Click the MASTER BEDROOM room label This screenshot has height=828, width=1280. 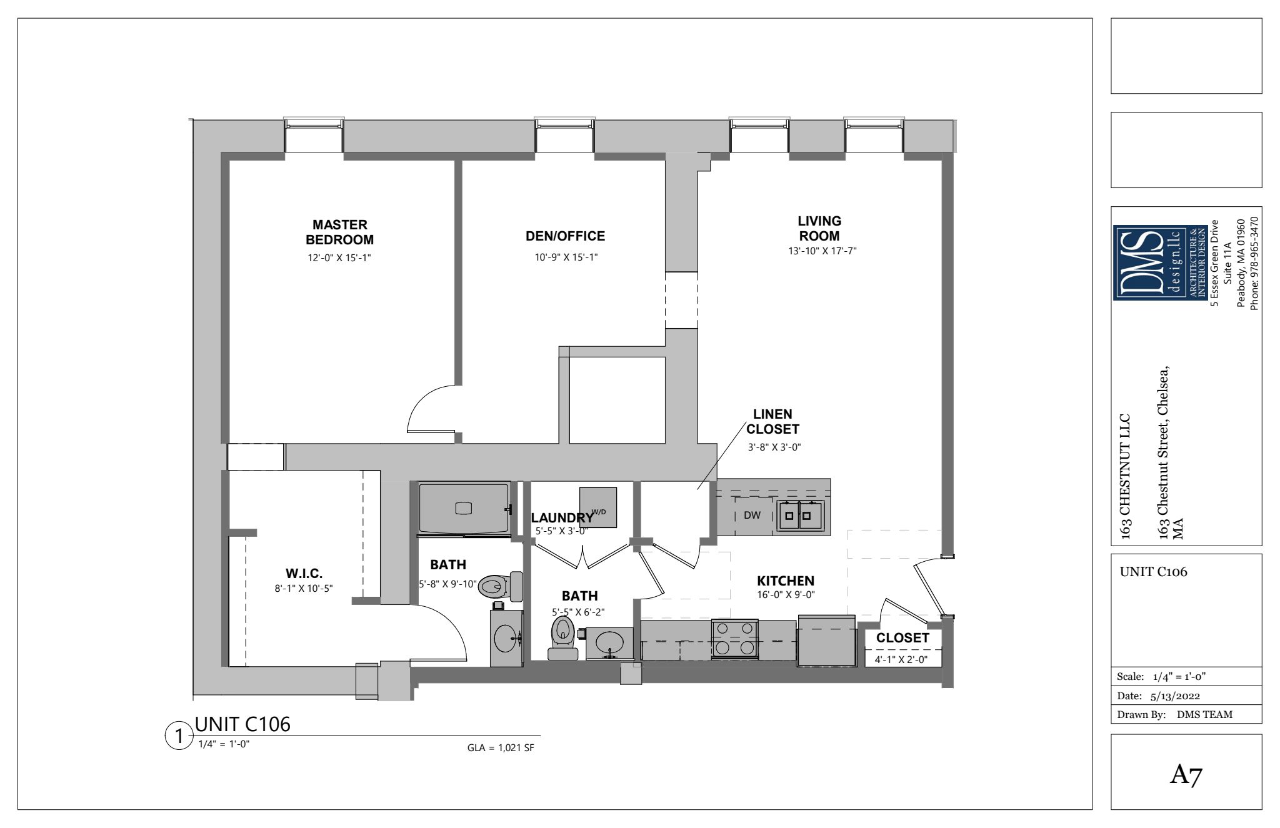[x=339, y=232]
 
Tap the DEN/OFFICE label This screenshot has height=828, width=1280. [x=565, y=236]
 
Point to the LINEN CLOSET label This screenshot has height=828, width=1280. [x=772, y=422]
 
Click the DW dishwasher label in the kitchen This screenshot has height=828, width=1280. [x=752, y=516]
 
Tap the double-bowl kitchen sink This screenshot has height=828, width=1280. [x=800, y=516]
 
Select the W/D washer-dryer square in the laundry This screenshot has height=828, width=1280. [x=598, y=507]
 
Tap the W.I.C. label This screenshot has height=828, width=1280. [x=304, y=574]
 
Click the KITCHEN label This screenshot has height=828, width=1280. [x=786, y=581]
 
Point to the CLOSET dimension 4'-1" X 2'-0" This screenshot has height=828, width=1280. [x=901, y=659]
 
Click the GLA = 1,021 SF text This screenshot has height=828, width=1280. [x=501, y=748]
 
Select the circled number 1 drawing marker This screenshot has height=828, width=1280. [x=179, y=737]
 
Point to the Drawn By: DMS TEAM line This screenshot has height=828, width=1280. [x=1174, y=715]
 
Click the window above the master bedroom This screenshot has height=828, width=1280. [x=314, y=134]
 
